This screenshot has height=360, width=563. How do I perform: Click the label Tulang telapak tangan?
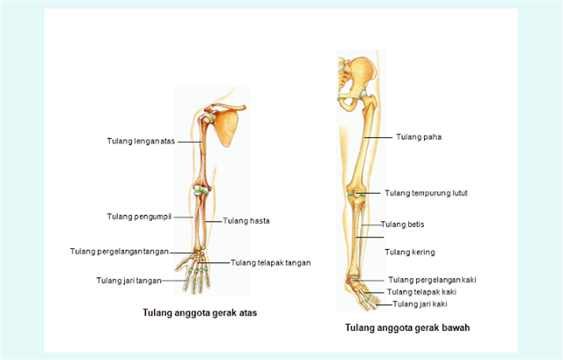pos(271,262)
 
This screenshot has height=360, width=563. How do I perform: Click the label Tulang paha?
pos(417,137)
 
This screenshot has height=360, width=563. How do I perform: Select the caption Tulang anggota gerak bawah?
pos(406,327)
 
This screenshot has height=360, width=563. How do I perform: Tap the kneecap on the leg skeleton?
pos(356,192)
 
